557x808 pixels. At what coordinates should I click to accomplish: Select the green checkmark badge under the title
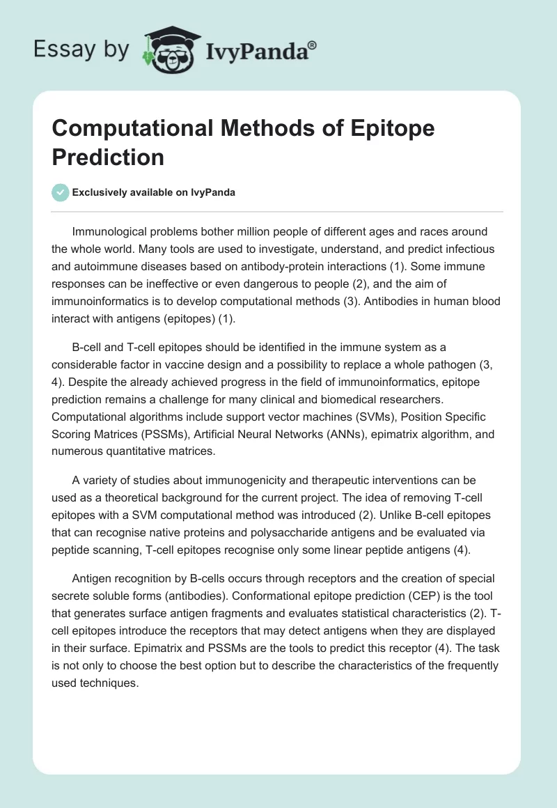coord(60,192)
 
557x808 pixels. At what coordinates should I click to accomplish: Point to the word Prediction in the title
coord(108,157)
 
